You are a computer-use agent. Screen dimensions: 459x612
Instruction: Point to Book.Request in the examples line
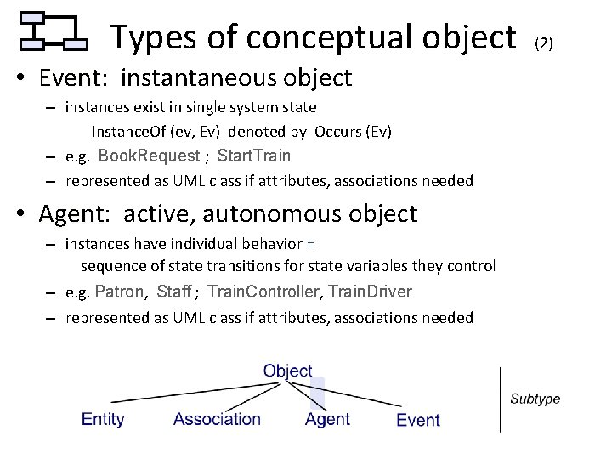(149, 156)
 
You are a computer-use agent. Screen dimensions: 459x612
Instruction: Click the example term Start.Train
(253, 156)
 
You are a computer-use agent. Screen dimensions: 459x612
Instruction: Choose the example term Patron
(120, 292)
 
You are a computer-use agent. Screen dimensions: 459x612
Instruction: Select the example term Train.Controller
(263, 292)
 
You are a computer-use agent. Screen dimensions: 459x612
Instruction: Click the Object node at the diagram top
(288, 371)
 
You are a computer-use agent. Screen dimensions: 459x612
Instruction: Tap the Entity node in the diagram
(103, 419)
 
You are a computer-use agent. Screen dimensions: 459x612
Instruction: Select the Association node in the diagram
(217, 419)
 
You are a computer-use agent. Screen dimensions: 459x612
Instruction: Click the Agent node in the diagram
(327, 419)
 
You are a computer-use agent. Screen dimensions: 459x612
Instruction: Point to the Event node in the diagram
(418, 420)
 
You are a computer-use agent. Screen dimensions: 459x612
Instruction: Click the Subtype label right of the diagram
(535, 399)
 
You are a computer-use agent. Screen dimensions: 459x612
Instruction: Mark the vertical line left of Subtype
(501, 399)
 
